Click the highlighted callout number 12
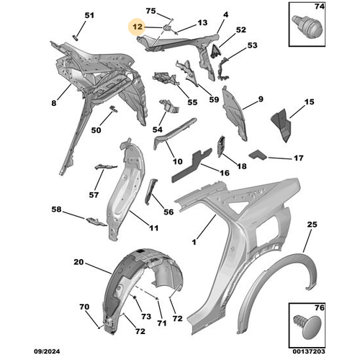coord(138,27)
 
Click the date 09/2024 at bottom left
coord(47,351)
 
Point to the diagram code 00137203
coord(309,351)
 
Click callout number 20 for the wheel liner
coord(78,262)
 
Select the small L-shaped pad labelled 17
coord(258,155)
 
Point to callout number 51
coord(89,15)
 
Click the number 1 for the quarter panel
coord(194,242)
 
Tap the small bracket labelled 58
coord(96,221)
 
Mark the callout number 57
coord(94,195)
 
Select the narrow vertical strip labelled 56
coord(150,192)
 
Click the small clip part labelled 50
coord(114,109)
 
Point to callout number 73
coord(146,316)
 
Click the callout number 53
coord(252,45)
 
